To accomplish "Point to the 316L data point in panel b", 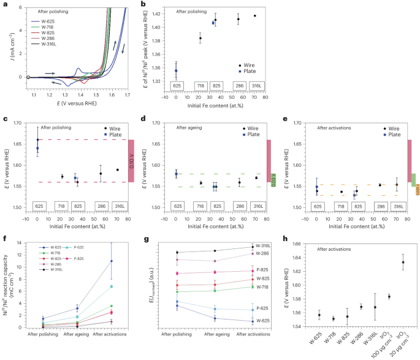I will point(254,15).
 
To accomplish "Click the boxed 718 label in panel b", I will point(199,87).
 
